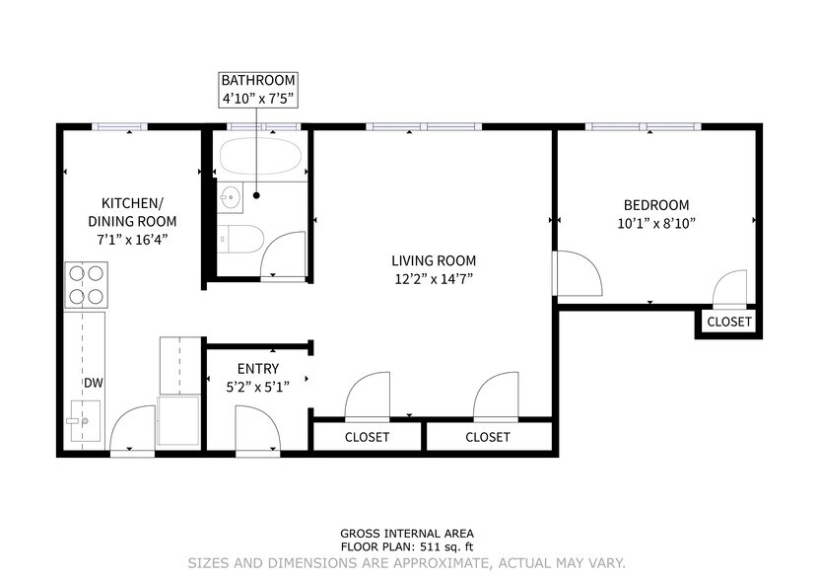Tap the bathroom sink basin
pos(230,196)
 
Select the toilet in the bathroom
pos(239,238)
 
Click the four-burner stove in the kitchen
pos(86,284)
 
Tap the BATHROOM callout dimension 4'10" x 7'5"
pos(257,99)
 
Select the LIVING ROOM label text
pos(433,260)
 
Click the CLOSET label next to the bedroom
pos(729,322)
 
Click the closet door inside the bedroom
pos(730,288)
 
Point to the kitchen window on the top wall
pos(120,126)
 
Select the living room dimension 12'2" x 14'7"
pos(433,279)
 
